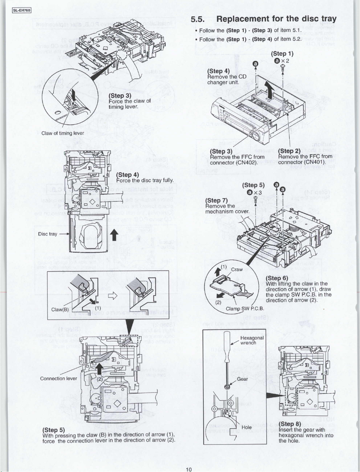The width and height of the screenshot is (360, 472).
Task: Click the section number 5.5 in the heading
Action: [x=198, y=19]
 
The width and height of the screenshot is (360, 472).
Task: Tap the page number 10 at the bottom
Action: [x=189, y=469]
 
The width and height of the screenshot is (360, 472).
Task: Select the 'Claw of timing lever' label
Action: [x=63, y=133]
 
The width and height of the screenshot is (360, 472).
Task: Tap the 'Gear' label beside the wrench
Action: [x=242, y=379]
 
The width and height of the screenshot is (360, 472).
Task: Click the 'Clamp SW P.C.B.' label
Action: [x=245, y=309]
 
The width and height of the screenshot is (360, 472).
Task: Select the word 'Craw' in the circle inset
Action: [x=237, y=269]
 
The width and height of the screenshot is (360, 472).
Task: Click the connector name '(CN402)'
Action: [x=245, y=162]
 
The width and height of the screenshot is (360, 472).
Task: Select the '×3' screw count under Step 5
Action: [x=254, y=192]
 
